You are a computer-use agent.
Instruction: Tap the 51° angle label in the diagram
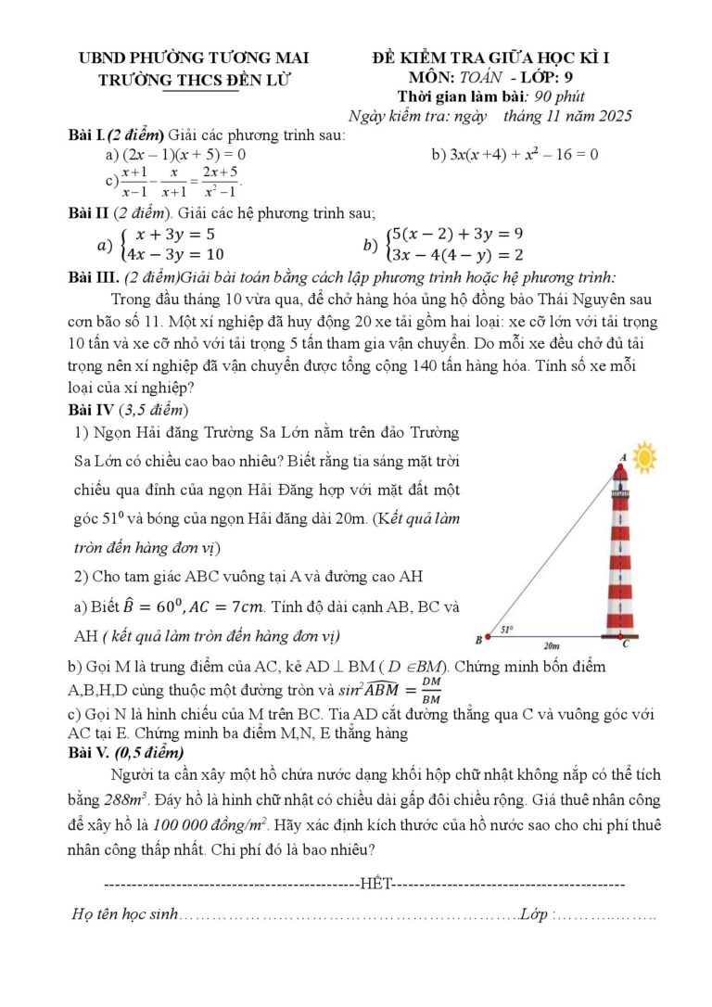click(x=507, y=630)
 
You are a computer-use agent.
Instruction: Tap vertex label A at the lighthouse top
click(x=622, y=457)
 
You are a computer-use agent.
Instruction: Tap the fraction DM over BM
click(x=431, y=691)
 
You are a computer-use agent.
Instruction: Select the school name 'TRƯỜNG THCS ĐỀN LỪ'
click(x=195, y=80)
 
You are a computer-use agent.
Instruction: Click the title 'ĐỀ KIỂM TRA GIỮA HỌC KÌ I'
click(x=489, y=58)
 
